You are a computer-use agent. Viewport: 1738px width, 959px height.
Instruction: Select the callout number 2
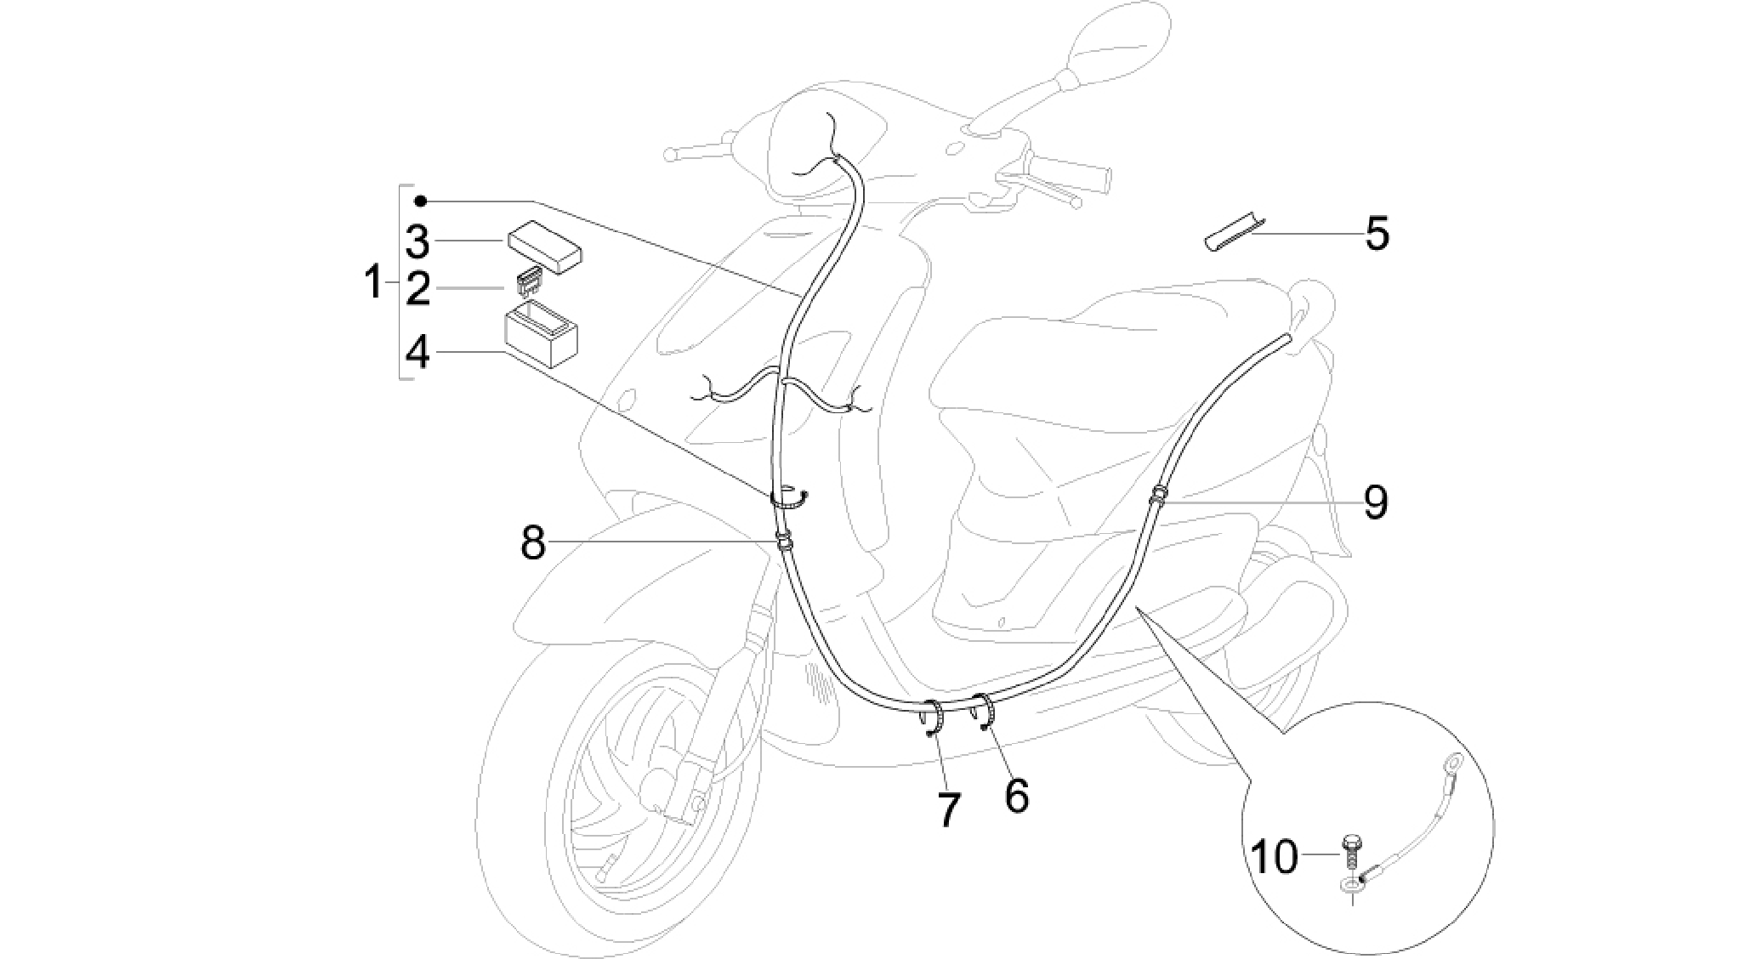[x=417, y=289]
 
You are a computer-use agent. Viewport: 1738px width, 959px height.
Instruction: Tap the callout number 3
[x=417, y=241]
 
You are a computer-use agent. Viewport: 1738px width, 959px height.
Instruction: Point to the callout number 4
[x=417, y=351]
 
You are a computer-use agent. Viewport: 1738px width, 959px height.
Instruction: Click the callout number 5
[x=1377, y=233]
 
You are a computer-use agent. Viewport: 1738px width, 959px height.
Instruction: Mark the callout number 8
[x=533, y=542]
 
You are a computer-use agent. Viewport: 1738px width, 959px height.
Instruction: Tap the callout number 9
[x=1377, y=502]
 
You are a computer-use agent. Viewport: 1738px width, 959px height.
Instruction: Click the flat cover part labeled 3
[x=544, y=247]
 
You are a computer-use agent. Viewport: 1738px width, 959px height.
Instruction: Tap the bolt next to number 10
[x=1351, y=854]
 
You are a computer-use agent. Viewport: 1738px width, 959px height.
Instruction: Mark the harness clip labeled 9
[x=1157, y=497]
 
